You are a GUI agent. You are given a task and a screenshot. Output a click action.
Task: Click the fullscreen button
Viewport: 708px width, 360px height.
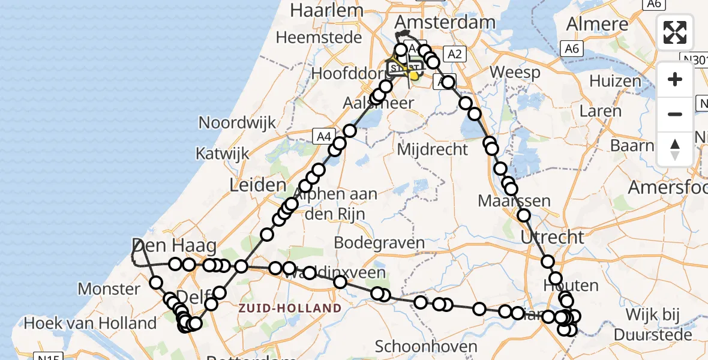675,32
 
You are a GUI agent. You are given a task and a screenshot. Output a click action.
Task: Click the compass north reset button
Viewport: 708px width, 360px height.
675,149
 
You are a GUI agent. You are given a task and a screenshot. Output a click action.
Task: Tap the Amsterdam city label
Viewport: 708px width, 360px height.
445,23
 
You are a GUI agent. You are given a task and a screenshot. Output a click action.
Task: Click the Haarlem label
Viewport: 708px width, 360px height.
326,10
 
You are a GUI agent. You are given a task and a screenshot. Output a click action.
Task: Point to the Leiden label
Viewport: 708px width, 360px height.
257,184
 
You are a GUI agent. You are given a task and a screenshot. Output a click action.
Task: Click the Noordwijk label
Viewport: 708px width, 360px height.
237,123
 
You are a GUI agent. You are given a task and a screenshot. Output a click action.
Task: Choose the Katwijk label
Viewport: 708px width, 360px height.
222,154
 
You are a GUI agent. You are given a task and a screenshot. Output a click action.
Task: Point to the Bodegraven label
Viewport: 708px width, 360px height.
379,243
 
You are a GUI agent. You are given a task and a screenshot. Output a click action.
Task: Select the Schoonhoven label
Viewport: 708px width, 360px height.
426,346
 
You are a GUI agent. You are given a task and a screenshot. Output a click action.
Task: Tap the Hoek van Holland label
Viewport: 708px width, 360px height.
90,324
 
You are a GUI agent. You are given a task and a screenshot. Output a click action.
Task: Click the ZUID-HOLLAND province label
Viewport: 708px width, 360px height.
290,308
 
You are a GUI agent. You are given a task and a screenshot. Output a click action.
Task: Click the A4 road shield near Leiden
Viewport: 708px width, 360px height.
322,137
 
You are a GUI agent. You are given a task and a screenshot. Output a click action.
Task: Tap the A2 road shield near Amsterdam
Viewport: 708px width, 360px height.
454,55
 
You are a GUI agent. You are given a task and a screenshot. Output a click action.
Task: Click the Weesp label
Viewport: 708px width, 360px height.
515,73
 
